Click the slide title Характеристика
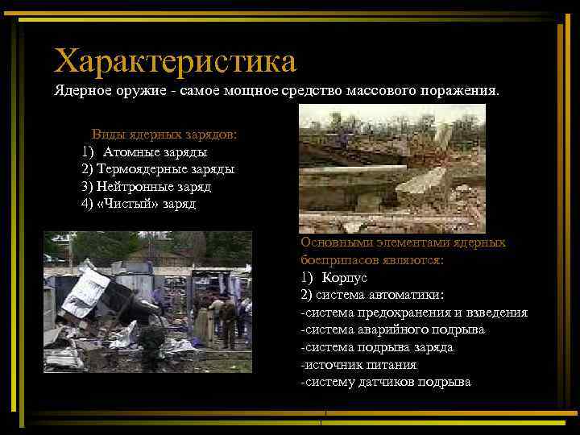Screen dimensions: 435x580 click(175, 60)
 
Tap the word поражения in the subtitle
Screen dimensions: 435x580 click(463, 92)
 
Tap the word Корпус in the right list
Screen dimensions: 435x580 click(344, 277)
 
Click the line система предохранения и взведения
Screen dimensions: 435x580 click(413, 312)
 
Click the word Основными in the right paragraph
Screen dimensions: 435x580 click(330, 242)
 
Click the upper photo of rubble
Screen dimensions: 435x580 click(392, 168)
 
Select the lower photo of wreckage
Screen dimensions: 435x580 click(147, 301)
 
